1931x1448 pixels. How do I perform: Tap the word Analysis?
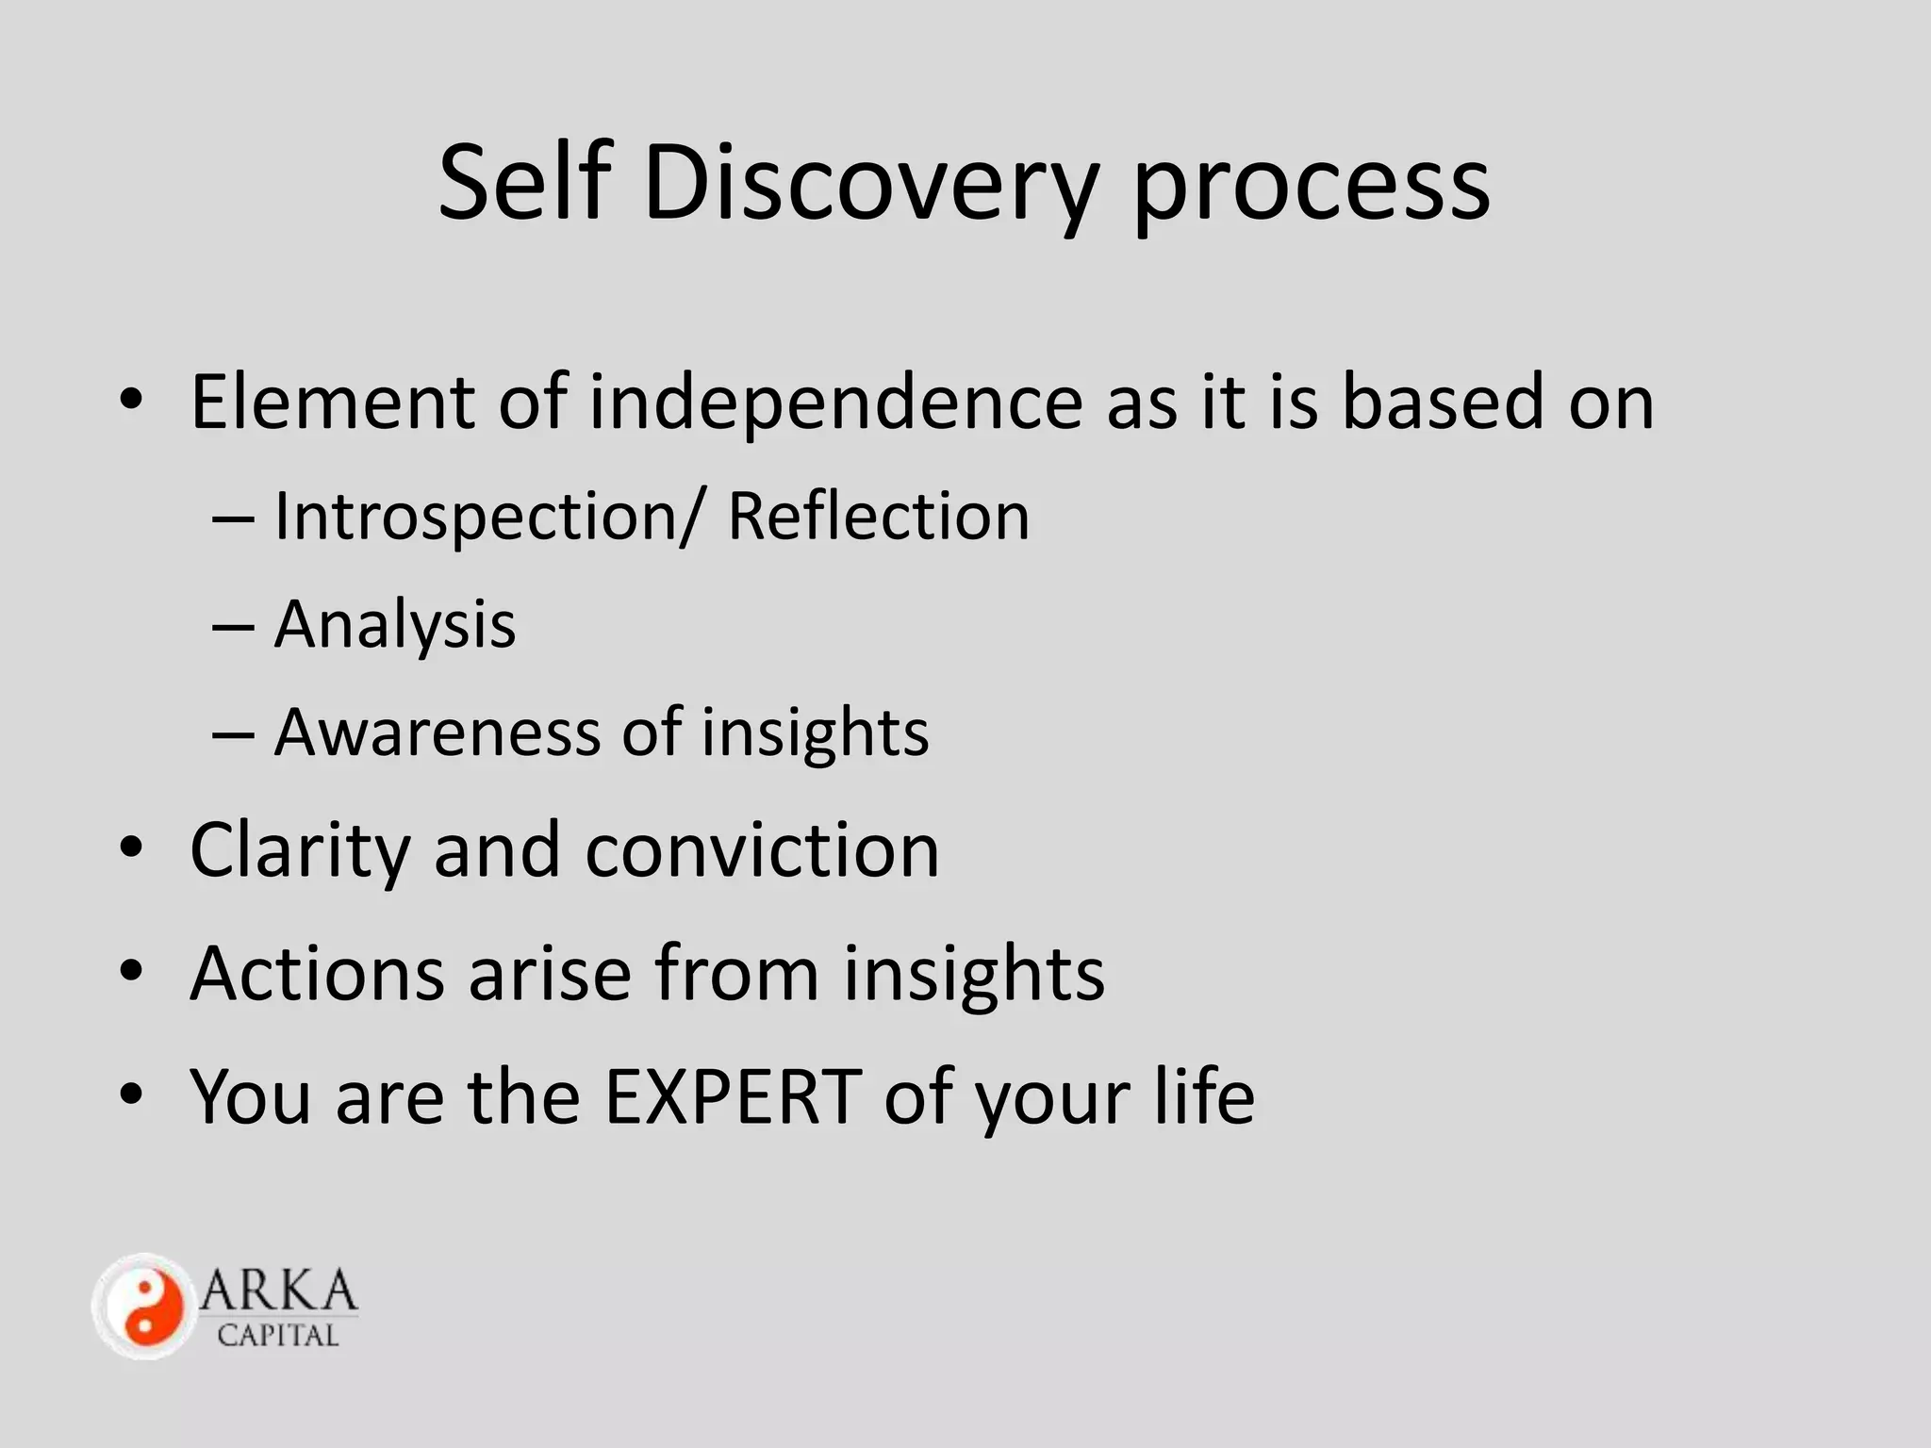coord(395,626)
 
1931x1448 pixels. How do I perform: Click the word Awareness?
coord(437,732)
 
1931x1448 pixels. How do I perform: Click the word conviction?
coord(762,850)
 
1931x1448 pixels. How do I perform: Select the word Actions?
coord(317,973)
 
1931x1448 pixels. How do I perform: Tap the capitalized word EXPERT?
coord(733,1095)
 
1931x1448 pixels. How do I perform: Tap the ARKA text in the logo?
coord(279,1292)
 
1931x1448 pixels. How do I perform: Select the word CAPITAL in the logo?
coord(277,1336)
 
